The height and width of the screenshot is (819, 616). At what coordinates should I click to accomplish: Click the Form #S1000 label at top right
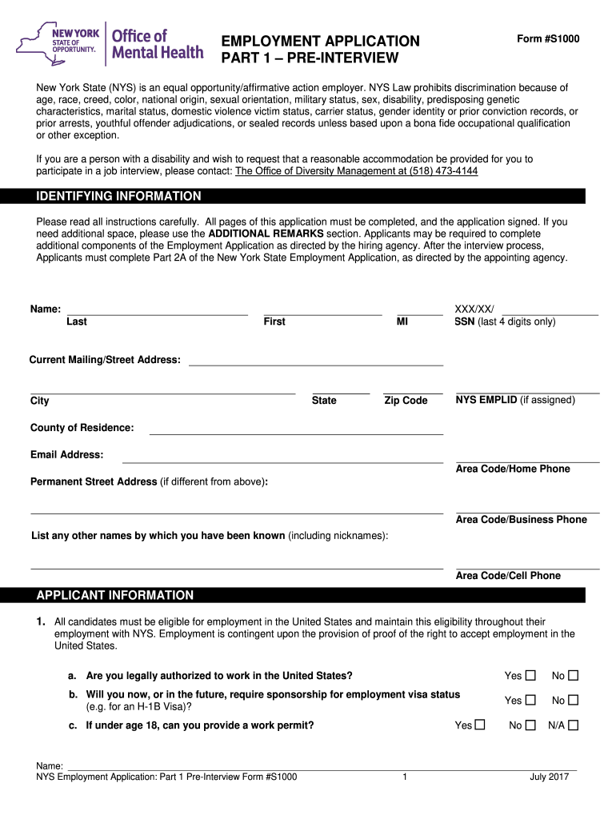(x=548, y=39)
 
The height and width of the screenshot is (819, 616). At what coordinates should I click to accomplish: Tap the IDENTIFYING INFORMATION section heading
(x=119, y=196)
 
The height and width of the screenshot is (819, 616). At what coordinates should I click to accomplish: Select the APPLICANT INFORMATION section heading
(x=115, y=595)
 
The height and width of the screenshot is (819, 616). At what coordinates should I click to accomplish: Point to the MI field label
(x=402, y=322)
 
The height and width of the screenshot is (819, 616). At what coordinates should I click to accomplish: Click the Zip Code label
(x=406, y=400)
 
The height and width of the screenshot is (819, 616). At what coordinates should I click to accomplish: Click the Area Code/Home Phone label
(x=513, y=469)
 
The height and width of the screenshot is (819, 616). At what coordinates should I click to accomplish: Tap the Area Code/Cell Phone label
(x=508, y=575)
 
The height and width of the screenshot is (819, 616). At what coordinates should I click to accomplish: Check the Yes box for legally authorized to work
(x=530, y=676)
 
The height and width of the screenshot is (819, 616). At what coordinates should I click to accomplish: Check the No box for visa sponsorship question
(x=573, y=701)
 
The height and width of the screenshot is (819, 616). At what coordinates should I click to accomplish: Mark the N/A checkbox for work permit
(x=573, y=725)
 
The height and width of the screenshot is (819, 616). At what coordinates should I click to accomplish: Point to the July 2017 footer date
(x=549, y=777)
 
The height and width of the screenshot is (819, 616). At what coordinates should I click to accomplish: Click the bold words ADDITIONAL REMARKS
(x=266, y=233)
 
